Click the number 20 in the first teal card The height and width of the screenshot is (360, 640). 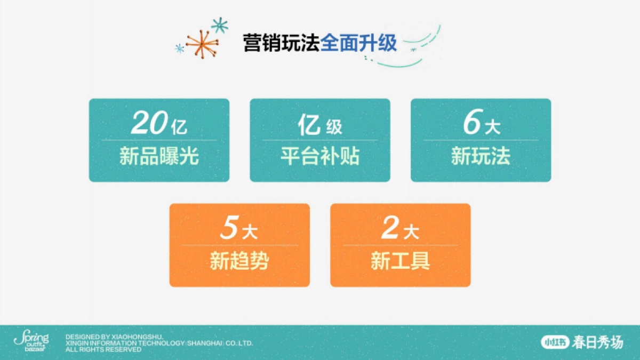[x=148, y=124]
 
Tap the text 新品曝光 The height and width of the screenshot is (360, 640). [x=159, y=157]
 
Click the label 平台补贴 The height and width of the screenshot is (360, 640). [x=320, y=157]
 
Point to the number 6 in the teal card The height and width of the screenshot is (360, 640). [x=471, y=124]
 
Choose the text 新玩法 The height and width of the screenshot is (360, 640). [x=481, y=157]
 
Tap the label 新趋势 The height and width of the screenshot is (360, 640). [x=239, y=262]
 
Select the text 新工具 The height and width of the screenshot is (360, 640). [x=401, y=262]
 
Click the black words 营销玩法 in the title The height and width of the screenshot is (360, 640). [x=281, y=43]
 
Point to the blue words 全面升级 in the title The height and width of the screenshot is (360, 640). [x=359, y=43]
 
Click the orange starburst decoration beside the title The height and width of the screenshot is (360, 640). [x=203, y=44]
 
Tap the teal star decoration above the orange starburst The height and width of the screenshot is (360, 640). [x=219, y=25]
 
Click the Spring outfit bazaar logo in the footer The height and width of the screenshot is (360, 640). [x=31, y=341]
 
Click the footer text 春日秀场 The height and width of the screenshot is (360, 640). [x=597, y=342]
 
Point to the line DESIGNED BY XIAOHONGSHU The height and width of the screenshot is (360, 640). [x=114, y=337]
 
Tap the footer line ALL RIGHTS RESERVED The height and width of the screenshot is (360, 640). [x=103, y=350]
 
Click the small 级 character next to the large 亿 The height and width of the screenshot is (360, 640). [x=334, y=127]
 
